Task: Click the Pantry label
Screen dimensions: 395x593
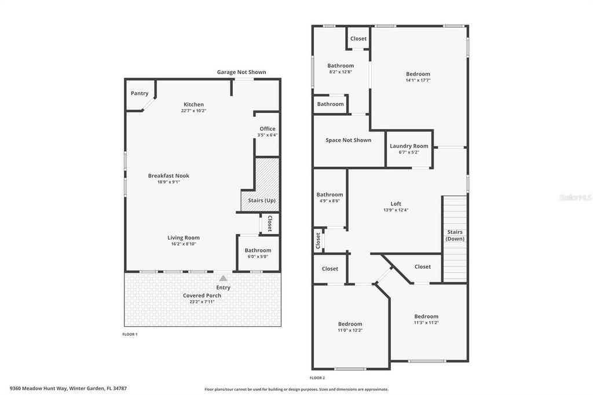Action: [140, 93]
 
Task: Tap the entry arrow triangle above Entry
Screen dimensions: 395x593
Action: [223, 279]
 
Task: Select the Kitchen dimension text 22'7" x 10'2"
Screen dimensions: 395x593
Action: [193, 111]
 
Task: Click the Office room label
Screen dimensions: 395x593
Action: [267, 129]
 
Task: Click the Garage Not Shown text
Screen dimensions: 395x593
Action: [241, 72]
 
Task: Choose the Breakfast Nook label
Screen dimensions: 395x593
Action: [169, 175]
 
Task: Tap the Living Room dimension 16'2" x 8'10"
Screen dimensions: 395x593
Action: [184, 244]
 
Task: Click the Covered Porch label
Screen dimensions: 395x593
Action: [202, 295]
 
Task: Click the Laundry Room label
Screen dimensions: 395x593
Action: [409, 146]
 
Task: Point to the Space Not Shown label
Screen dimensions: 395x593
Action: [348, 140]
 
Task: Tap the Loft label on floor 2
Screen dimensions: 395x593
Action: [396, 203]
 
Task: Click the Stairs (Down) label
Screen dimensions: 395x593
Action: [455, 235]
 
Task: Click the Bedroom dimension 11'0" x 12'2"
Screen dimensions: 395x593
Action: [350, 330]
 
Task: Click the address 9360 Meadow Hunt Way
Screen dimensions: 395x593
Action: [38, 388]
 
